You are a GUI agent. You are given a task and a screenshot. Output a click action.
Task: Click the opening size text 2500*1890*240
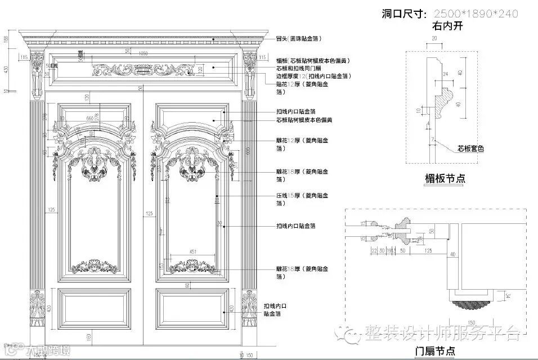(x=474, y=14)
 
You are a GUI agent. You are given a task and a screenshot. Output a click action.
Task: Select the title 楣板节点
(x=445, y=179)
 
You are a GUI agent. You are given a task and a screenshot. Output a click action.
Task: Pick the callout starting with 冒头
(x=298, y=39)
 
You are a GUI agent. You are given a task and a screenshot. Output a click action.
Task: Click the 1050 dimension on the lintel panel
(x=143, y=53)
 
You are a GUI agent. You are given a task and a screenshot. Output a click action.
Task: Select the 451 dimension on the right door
(x=192, y=251)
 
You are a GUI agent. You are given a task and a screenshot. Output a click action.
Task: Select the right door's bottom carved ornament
(x=192, y=266)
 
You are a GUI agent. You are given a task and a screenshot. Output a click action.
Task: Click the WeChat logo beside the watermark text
(x=353, y=334)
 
